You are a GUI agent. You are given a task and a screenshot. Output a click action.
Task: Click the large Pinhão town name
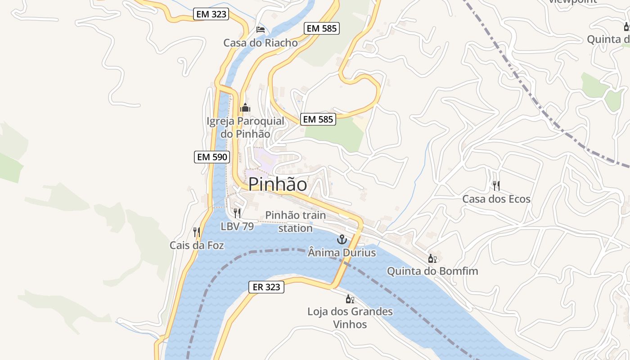point(278,184)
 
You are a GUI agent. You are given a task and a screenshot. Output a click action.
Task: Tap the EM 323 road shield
point(211,14)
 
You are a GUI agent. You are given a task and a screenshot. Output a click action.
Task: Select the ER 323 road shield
point(267,287)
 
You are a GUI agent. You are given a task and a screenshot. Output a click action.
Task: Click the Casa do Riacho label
point(261,43)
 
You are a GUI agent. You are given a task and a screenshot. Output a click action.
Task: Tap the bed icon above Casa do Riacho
point(260,30)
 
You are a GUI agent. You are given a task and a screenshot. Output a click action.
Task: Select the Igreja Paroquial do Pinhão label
point(245,127)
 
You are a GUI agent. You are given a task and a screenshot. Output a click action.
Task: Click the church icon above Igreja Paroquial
point(245,108)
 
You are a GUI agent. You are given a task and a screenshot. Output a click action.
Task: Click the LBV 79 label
point(237,226)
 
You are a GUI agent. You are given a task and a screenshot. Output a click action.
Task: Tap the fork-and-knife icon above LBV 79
point(237,213)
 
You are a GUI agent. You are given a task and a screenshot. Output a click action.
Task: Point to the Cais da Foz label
point(197,245)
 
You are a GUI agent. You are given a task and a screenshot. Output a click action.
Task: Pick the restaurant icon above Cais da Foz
point(197,232)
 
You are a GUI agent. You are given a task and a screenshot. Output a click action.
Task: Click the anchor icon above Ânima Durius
point(342,239)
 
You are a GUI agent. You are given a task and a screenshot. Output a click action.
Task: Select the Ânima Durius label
point(342,252)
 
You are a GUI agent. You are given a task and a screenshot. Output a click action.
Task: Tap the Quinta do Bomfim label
point(432,271)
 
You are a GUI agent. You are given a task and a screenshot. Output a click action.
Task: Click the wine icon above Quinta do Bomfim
point(432,258)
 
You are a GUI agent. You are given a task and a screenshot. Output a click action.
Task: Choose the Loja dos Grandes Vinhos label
point(350,318)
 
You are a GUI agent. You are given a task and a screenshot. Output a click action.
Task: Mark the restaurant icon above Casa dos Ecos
point(496,185)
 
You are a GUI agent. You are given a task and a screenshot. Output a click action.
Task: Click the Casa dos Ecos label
point(496,199)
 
